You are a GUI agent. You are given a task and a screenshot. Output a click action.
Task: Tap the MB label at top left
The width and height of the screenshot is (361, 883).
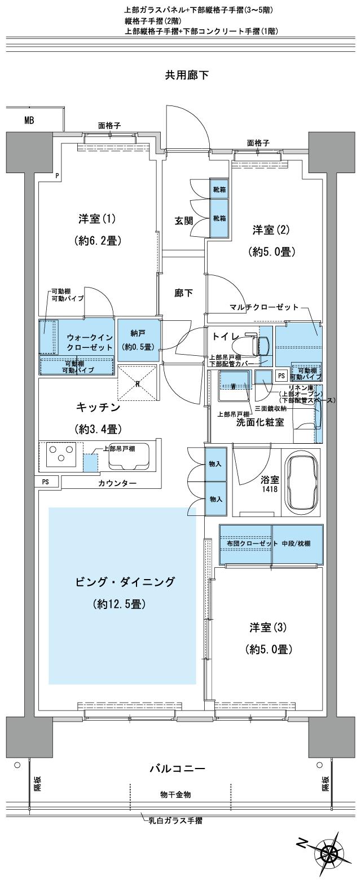point(29,120)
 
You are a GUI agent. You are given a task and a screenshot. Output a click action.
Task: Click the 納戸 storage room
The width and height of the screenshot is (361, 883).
point(138,340)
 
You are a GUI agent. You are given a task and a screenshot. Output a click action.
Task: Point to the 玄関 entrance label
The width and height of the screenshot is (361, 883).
point(183,220)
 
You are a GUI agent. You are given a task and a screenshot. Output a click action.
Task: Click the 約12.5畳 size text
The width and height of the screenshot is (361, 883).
point(120,604)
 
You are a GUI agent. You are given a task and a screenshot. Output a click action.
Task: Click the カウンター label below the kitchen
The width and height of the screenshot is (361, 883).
point(117,483)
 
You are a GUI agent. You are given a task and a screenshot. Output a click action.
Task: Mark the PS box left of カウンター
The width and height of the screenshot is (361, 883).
point(45,482)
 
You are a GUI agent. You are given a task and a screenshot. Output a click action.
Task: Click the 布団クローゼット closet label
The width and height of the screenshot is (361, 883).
point(245,542)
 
